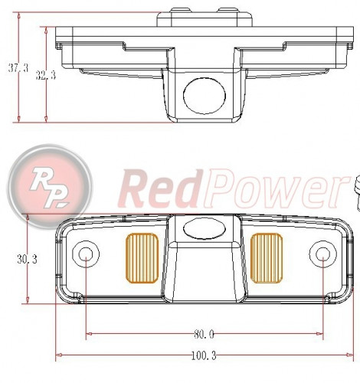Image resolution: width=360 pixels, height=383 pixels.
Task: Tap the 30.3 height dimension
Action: click(28, 260)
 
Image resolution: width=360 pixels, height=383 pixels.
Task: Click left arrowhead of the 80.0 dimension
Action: click(89, 334)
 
